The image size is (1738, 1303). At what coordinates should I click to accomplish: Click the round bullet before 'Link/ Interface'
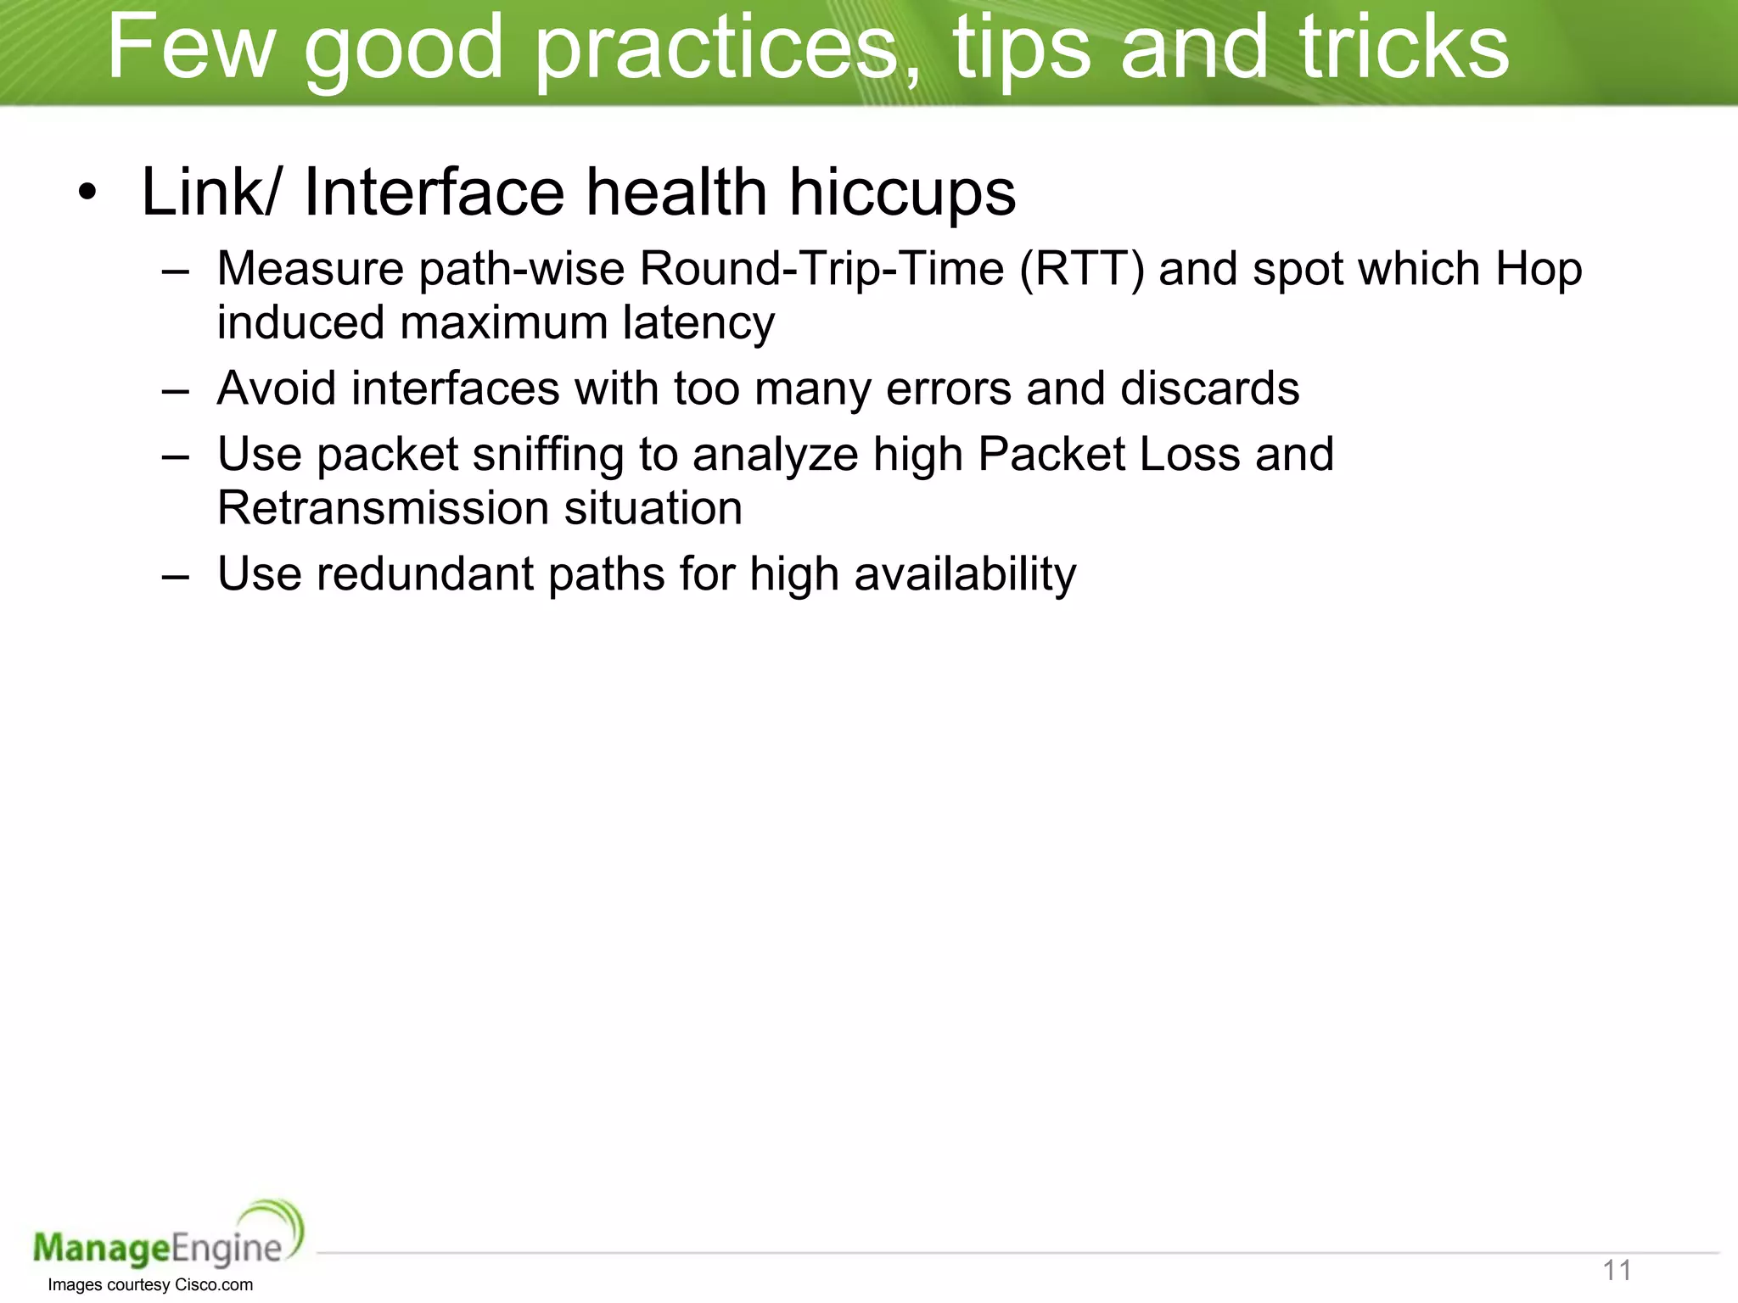87,193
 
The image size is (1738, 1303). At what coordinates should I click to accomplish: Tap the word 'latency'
698,323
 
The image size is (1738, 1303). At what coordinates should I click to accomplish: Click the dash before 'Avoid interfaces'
175,390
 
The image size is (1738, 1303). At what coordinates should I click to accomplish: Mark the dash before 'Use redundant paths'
175,576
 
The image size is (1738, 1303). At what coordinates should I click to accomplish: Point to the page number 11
1617,1270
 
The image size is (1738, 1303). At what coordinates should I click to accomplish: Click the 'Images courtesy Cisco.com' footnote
150,1284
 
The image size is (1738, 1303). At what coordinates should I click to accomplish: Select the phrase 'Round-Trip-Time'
821,269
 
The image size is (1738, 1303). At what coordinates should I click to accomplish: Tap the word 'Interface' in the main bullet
434,193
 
